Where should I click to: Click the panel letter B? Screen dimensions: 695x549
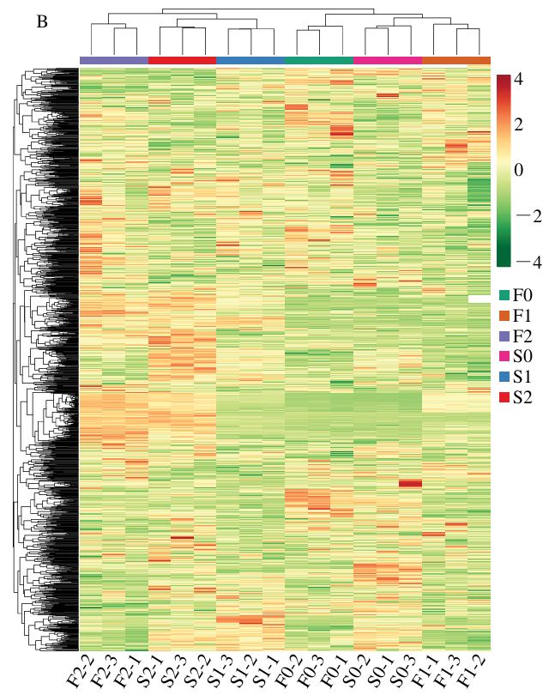pyautogui.click(x=43, y=21)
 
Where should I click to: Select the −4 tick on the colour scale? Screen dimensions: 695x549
pyautogui.click(x=516, y=262)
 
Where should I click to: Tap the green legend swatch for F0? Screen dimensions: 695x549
pyautogui.click(x=504, y=295)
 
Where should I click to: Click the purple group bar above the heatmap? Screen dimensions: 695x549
pyautogui.click(x=113, y=60)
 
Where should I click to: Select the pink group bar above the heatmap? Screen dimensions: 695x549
pyautogui.click(x=388, y=60)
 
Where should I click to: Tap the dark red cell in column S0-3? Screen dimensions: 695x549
pyautogui.click(x=411, y=484)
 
